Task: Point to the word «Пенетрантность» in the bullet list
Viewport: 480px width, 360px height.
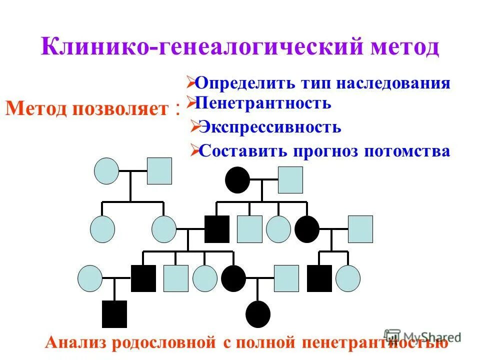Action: [263, 103]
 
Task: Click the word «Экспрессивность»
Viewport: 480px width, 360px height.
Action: [270, 127]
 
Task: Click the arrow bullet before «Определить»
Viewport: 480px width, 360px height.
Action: [190, 80]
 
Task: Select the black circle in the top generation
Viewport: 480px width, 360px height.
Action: [237, 180]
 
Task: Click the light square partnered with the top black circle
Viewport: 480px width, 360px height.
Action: [290, 180]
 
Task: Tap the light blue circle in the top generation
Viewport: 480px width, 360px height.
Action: [106, 171]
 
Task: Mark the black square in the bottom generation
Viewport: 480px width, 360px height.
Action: [114, 314]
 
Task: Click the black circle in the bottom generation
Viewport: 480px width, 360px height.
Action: [258, 314]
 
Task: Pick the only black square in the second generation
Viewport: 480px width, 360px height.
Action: [217, 229]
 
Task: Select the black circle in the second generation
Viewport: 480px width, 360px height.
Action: [307, 229]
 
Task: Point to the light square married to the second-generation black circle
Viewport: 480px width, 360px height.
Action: [360, 229]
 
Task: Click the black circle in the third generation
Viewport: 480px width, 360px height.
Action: [233, 278]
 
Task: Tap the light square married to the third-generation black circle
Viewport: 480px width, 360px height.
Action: [286, 278]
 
